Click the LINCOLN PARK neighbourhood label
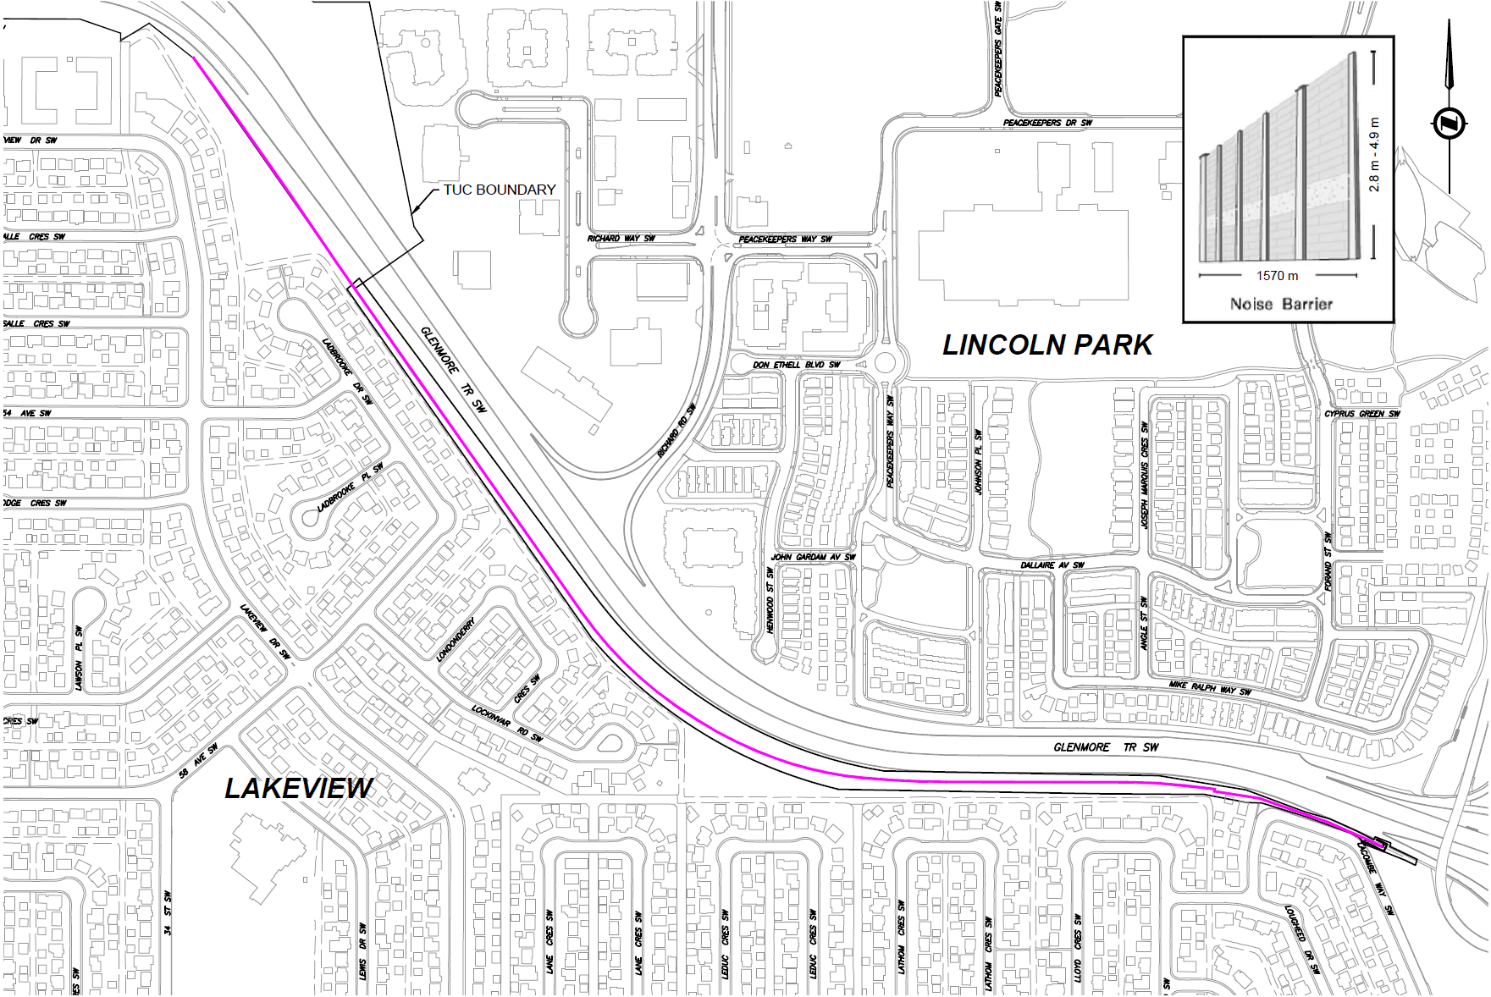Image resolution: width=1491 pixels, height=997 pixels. pos(1047,345)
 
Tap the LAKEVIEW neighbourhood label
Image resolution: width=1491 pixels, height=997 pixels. pos(298,788)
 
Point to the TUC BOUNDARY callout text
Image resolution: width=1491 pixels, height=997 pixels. pos(500,190)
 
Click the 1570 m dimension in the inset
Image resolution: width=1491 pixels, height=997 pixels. pos(1277,276)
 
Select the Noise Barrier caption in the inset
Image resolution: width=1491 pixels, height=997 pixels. pos(1281,304)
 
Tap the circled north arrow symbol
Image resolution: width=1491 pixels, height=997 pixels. pos(1449,123)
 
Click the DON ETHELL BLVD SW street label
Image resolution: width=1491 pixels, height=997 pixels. pos(797,365)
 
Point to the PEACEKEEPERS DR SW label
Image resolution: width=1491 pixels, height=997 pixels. pos(1047,123)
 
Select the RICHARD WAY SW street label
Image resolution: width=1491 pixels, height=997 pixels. pos(621,239)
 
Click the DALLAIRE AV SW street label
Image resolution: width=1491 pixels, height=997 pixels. pos(1052,565)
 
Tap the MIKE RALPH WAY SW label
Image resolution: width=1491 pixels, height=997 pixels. pos(1210,687)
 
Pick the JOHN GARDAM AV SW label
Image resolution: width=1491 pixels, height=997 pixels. pos(813,558)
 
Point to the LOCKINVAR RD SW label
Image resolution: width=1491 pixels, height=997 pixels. pos(507,724)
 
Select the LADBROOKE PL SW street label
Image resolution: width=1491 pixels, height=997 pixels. pos(351,487)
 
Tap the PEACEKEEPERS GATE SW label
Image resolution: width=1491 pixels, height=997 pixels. pos(998,48)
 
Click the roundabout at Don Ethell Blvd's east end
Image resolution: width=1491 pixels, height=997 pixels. pos(886,364)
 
